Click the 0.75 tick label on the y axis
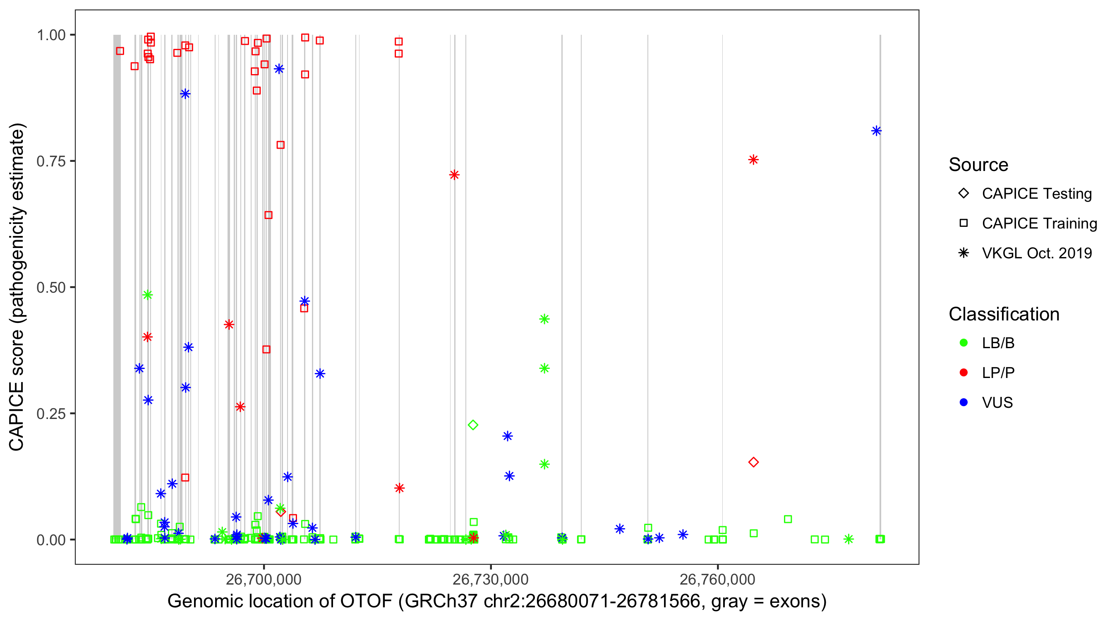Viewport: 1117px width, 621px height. click(x=50, y=161)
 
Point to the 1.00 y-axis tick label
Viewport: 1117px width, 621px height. click(x=50, y=35)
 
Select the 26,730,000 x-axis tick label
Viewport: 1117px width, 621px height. click(x=490, y=579)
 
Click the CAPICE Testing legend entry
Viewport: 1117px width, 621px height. click(x=1036, y=194)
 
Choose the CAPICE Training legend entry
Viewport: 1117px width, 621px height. click(x=1039, y=224)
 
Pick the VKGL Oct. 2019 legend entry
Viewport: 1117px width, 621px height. click(x=1036, y=253)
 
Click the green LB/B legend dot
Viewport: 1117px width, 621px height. click(x=964, y=343)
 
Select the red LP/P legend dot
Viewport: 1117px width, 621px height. click(x=964, y=373)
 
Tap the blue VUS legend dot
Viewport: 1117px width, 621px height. click(x=964, y=402)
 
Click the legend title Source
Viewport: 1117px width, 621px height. click(x=978, y=165)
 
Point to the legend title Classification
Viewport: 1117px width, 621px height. click(x=1004, y=314)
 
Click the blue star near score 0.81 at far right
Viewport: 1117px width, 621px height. click(x=876, y=131)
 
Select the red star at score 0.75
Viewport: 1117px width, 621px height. click(x=753, y=160)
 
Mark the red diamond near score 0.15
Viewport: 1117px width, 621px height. click(x=753, y=462)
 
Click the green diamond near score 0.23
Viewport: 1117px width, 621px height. click(x=473, y=425)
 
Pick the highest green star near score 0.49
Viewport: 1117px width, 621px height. click(x=147, y=295)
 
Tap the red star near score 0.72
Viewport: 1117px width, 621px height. click(x=454, y=175)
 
